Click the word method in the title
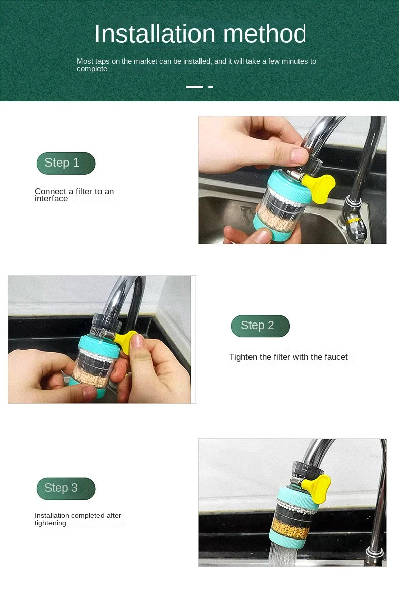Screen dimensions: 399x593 (x=264, y=34)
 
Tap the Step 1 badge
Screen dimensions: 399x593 (x=66, y=164)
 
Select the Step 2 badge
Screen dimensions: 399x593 (x=261, y=326)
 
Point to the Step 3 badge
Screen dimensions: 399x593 (x=66, y=488)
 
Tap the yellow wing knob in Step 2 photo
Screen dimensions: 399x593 (x=127, y=341)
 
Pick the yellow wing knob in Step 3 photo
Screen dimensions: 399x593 (x=316, y=489)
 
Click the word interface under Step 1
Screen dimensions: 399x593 (x=51, y=198)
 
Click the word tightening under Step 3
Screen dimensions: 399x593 (x=51, y=523)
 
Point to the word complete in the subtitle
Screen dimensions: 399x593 (x=92, y=69)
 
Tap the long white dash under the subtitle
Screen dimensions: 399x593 (x=194, y=87)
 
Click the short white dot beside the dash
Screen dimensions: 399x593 (x=211, y=87)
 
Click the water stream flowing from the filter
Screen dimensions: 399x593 (x=283, y=556)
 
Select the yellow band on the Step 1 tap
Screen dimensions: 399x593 (x=354, y=220)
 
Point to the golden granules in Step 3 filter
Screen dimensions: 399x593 (x=291, y=529)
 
